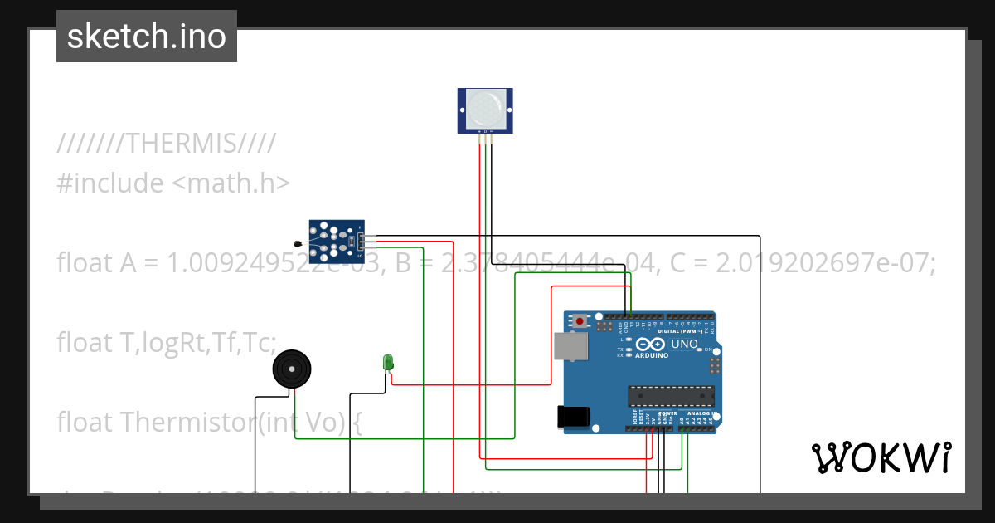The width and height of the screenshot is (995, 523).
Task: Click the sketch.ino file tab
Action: pyautogui.click(x=147, y=37)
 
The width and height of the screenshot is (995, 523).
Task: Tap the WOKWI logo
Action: pyautogui.click(x=881, y=457)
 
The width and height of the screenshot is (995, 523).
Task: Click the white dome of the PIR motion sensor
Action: pyautogui.click(x=484, y=109)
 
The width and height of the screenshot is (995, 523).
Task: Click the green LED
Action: pyautogui.click(x=387, y=362)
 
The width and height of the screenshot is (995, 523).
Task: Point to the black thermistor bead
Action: pyautogui.click(x=297, y=243)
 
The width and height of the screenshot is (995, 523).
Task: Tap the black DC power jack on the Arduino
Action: pyautogui.click(x=575, y=416)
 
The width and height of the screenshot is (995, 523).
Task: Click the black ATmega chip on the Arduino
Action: pyautogui.click(x=671, y=398)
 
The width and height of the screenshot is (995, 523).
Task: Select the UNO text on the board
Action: pyautogui.click(x=685, y=344)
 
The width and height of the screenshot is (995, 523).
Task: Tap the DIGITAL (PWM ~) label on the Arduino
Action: pyautogui.click(x=679, y=330)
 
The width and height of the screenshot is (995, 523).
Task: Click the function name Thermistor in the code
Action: pyautogui.click(x=187, y=422)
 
